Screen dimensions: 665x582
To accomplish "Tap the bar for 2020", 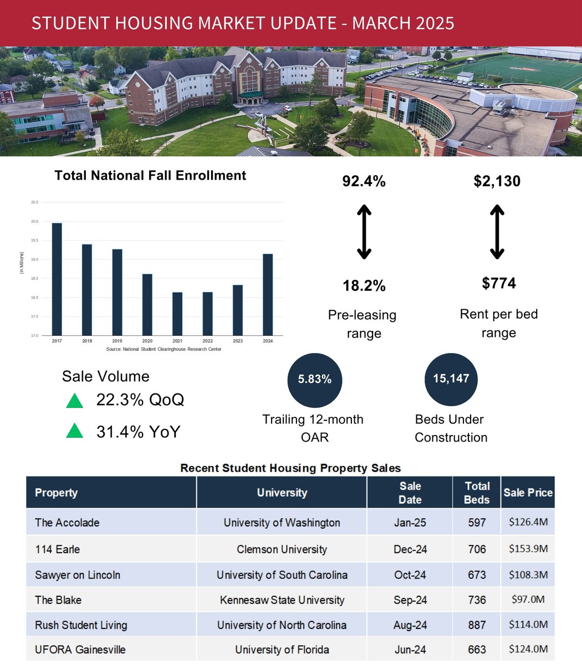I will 147,304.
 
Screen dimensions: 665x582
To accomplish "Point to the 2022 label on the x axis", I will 207,341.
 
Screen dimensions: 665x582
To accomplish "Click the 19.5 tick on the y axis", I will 34,241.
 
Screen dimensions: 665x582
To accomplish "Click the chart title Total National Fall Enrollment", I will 150,176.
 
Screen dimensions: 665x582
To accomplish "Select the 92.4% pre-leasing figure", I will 364,181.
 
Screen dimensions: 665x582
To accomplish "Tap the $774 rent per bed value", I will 498,283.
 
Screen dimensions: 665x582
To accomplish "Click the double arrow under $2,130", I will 497,232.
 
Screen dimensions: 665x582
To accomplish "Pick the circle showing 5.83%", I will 314,380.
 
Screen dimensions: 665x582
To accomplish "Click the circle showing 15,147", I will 451,379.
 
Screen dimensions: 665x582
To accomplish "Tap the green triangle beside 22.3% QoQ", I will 74,401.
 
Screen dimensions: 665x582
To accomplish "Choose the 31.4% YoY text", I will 138,432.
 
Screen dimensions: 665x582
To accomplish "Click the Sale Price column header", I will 528,492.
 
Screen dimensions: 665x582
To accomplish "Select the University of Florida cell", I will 282,649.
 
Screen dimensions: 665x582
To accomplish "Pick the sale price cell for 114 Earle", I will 528,549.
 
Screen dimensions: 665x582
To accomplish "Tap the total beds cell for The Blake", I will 477,600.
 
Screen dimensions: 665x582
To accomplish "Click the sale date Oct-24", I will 410,575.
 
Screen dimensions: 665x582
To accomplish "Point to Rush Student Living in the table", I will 81,625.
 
